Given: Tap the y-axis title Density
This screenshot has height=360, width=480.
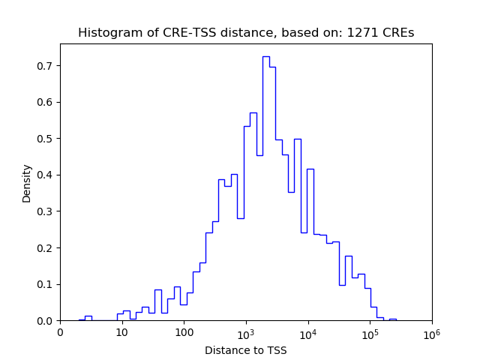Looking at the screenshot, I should pos(27,183).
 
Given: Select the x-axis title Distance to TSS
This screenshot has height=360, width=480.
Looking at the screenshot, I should pos(246,350).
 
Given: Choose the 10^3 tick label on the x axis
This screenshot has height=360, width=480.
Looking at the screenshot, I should pos(246,332).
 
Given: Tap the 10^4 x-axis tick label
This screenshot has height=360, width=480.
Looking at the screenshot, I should pos(308,332).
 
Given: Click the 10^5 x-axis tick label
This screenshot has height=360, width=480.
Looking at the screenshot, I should pos(370,332).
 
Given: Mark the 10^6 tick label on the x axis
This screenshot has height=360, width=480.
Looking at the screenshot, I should pos(432,332).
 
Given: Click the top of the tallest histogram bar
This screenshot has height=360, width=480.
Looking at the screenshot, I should pos(265,56).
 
